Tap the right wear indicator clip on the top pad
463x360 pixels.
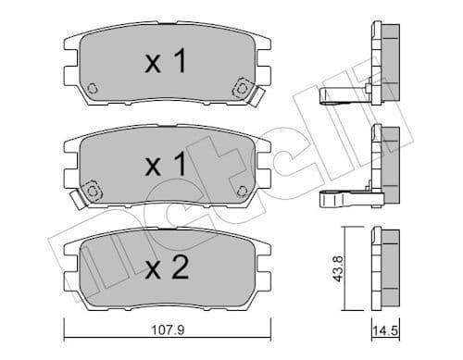(x=244, y=90)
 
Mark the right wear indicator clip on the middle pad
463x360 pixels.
(x=244, y=192)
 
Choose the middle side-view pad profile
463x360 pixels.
(x=385, y=167)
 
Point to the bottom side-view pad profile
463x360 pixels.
(x=383, y=268)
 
